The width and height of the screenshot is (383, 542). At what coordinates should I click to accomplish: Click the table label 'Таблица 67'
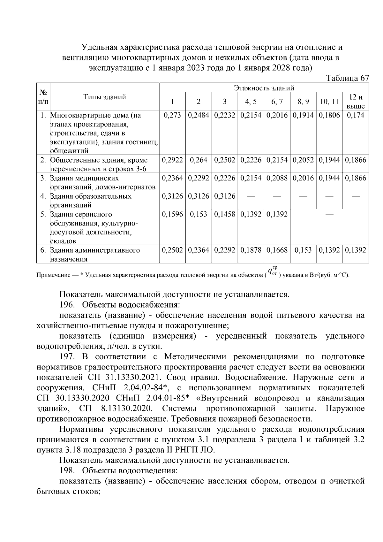point(348,78)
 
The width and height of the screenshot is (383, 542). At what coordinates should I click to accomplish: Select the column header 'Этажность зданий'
point(264,88)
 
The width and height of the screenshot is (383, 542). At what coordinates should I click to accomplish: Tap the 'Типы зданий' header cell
point(105,97)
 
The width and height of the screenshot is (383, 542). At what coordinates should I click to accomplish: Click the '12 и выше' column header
point(356,102)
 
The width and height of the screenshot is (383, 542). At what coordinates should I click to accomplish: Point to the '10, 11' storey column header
point(329,102)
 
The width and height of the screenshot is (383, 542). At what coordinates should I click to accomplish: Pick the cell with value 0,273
point(172,115)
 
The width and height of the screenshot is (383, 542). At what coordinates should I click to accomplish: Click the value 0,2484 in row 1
point(198,115)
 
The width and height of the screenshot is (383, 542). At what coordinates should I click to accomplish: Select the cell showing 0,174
point(356,115)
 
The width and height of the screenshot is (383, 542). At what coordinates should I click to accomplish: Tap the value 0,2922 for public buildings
point(172,160)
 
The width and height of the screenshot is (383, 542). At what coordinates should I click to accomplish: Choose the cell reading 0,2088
point(277,178)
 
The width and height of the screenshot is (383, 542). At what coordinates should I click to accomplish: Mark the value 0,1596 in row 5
point(172,214)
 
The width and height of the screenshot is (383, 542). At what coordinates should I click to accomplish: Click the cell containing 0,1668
point(277,250)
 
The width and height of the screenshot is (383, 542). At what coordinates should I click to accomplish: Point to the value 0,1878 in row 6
point(251,250)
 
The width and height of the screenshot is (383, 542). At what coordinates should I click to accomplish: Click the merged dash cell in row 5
point(329,215)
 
